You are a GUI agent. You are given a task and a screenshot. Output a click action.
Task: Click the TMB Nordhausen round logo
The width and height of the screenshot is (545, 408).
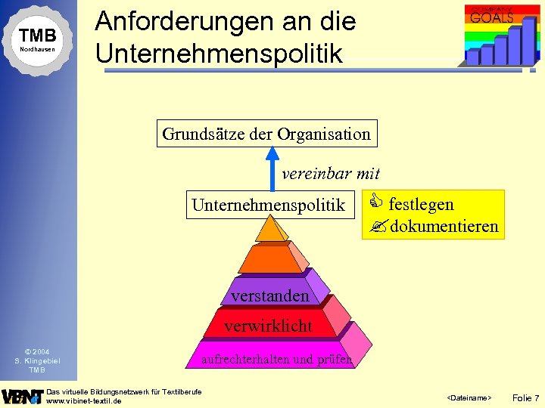click(x=37, y=39)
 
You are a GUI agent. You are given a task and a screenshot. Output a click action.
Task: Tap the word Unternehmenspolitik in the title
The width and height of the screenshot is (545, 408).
click(x=219, y=53)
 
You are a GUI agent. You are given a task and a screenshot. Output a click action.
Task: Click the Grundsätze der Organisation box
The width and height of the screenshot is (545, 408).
click(x=266, y=134)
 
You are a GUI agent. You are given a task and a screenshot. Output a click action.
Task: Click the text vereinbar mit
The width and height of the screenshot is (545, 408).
click(x=330, y=174)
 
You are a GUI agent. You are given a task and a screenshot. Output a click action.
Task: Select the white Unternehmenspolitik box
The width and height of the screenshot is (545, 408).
click(x=268, y=205)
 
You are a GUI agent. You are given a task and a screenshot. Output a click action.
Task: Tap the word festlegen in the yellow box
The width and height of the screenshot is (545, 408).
click(x=421, y=204)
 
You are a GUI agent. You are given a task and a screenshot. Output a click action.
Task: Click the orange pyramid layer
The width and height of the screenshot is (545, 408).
click(x=270, y=258)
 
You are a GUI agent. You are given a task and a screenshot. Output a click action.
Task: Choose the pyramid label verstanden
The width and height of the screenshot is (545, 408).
click(x=269, y=295)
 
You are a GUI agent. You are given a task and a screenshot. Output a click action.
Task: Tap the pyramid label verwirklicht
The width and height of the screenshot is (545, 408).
click(x=268, y=326)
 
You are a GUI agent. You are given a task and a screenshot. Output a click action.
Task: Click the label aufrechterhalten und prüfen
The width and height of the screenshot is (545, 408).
click(x=276, y=360)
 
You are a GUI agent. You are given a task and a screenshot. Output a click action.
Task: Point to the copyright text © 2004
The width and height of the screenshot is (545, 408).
click(x=36, y=351)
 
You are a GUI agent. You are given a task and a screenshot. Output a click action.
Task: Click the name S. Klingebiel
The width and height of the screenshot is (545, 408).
click(x=36, y=360)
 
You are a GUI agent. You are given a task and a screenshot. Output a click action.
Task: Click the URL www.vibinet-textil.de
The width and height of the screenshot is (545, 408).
click(x=84, y=401)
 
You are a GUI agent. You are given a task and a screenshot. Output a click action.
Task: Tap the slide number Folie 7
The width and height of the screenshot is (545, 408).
click(x=525, y=397)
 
